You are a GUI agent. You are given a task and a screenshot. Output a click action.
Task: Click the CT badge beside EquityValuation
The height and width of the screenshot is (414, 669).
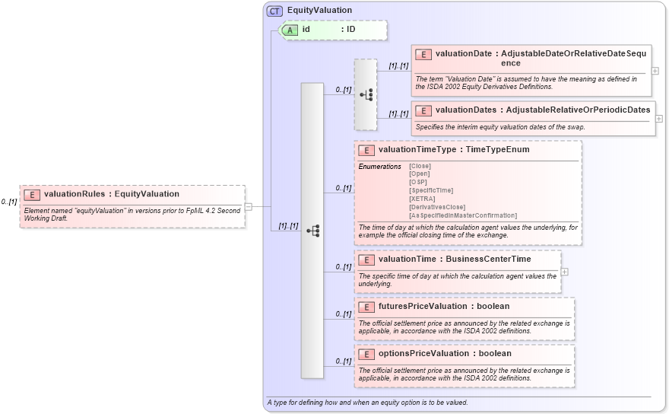pos(275,11)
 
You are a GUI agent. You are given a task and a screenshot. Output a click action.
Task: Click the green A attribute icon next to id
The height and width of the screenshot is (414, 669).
pos(290,30)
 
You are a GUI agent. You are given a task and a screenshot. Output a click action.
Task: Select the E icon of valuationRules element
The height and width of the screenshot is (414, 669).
pos(32,194)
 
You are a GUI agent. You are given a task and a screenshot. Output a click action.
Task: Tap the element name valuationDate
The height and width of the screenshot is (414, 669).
pos(463,54)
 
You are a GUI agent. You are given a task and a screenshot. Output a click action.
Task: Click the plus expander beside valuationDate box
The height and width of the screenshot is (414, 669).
pos(655,71)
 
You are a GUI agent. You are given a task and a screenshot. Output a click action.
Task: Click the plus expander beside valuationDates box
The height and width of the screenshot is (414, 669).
pos(659,119)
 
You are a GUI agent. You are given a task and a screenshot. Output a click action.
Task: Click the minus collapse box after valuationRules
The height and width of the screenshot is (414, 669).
pos(249,206)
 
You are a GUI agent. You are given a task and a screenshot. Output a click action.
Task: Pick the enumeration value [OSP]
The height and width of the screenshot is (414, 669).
pos(417,182)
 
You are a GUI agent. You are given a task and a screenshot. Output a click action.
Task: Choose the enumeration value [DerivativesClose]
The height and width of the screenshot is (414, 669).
pos(437,207)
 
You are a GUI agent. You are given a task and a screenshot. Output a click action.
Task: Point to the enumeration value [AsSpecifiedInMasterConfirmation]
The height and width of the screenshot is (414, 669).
pos(462,215)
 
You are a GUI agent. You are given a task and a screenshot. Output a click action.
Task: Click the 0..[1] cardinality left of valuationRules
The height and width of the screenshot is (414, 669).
pos(9,202)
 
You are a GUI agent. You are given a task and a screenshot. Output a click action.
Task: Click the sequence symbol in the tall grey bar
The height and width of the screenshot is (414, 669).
pos(312,230)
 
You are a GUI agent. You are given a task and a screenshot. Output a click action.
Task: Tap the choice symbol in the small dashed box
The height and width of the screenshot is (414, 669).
pos(366,94)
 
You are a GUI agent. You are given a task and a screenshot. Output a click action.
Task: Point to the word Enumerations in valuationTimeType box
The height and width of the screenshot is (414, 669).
pos(379,166)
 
